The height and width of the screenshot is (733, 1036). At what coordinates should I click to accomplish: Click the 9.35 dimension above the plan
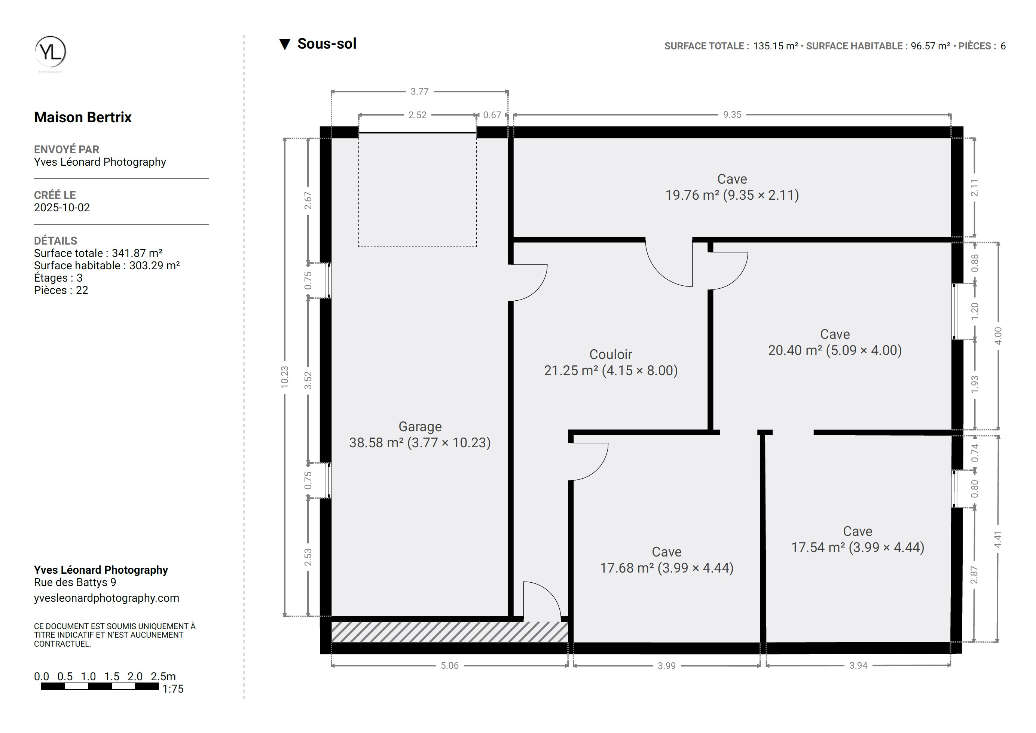(x=732, y=115)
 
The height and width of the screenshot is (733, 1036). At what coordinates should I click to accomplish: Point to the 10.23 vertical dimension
(x=284, y=377)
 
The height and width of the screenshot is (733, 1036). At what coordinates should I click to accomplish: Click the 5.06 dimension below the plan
(x=450, y=665)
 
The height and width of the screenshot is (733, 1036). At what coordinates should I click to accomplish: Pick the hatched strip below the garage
(x=450, y=632)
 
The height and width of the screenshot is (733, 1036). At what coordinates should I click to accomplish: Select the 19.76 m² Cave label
(x=732, y=187)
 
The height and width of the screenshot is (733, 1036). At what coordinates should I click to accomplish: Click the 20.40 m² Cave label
(x=835, y=342)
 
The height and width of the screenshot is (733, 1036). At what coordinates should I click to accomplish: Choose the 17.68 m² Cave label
(x=667, y=560)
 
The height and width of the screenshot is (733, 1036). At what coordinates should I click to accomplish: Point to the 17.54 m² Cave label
(x=858, y=539)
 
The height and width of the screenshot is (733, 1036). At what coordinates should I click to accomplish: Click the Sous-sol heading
(x=327, y=44)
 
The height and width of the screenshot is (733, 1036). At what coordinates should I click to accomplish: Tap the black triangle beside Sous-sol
(x=284, y=44)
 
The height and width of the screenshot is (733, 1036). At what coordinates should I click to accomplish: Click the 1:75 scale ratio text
(x=173, y=689)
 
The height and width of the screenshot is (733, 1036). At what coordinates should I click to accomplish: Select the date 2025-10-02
(x=62, y=207)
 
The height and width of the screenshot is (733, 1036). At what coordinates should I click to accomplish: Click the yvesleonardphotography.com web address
(x=107, y=598)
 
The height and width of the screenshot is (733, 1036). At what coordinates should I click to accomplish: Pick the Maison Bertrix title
(x=83, y=117)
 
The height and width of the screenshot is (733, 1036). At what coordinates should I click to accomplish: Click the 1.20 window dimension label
(x=975, y=312)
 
